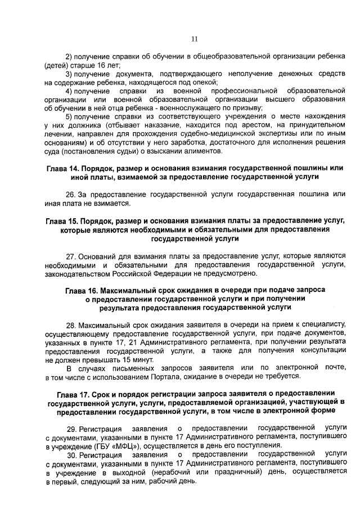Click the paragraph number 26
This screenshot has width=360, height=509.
70,195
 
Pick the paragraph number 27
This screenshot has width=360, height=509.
70,256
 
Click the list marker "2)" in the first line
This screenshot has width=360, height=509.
69,57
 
